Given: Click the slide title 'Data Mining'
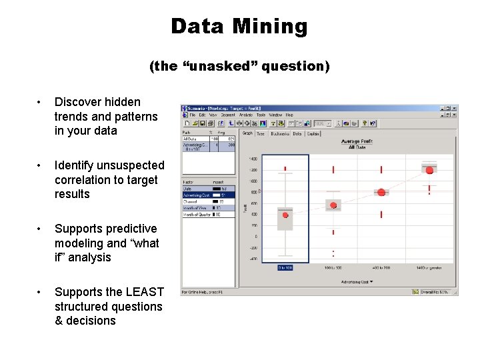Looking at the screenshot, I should click(x=239, y=27).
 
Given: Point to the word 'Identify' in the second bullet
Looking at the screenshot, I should click(x=75, y=165).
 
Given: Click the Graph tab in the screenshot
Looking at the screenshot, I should click(x=247, y=133).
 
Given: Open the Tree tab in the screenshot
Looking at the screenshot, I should click(x=261, y=133).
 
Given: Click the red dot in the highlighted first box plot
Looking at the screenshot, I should click(x=285, y=215).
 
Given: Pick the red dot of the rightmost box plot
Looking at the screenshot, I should click(x=429, y=170).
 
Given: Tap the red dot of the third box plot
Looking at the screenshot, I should click(x=381, y=192).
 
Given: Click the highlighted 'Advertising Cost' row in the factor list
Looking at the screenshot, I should click(x=197, y=195).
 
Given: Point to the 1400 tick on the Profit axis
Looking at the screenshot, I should click(x=253, y=159).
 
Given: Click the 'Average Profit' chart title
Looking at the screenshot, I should click(x=355, y=142).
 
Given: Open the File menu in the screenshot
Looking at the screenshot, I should click(x=193, y=115).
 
